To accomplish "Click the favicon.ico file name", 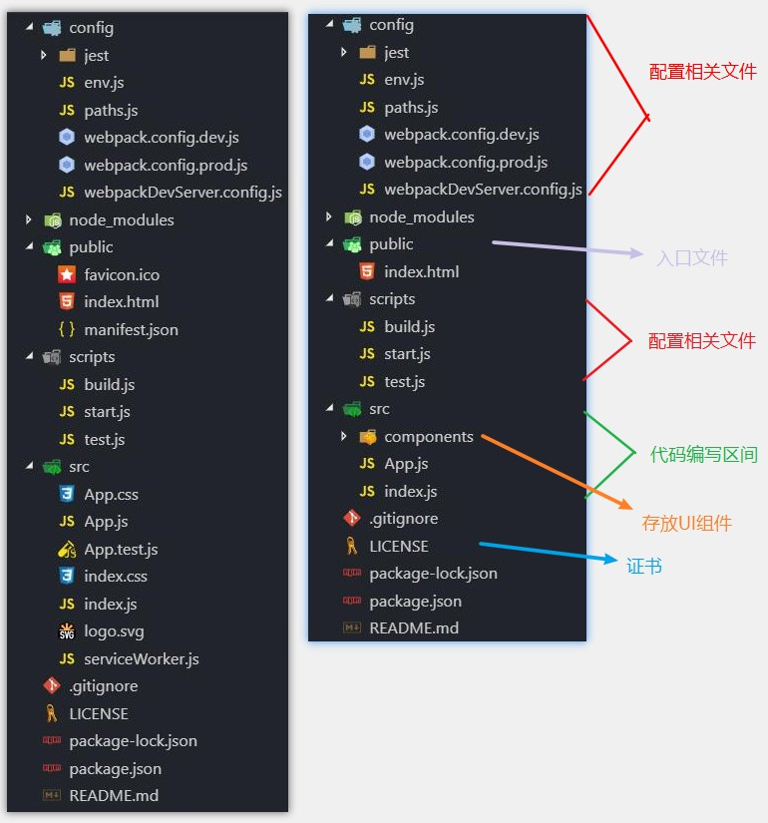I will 122,274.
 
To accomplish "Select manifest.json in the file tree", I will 131,329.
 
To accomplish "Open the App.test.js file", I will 121,549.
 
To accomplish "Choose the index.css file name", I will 116,577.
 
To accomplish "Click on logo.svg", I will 114,631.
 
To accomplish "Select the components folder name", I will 429,436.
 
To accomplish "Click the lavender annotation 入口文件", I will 692,258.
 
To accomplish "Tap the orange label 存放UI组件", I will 687,524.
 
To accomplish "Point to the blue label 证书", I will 644,566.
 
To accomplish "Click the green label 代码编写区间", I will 702,455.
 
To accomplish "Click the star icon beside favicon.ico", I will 67,274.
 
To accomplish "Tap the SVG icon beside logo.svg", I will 67,631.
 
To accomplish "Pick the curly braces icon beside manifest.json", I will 67,329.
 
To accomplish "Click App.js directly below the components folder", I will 406,464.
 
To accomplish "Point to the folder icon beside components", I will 367,436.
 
